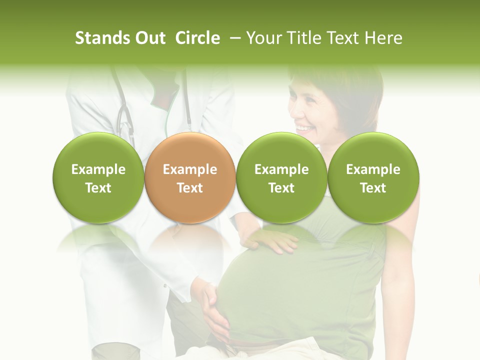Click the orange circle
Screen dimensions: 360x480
tap(190, 178)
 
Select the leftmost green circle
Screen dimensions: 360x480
tap(98, 178)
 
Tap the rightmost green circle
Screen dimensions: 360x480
tap(373, 178)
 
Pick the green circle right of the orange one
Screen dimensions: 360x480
tap(281, 178)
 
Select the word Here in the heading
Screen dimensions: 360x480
tap(384, 38)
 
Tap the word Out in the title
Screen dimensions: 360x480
tap(149, 38)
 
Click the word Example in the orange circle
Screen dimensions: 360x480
tap(190, 169)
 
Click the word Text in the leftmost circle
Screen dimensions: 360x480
tap(98, 188)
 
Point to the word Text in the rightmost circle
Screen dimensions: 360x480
tap(373, 188)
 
